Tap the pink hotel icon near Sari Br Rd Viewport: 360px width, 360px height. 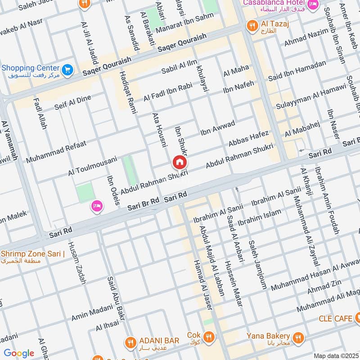tap(96, 206)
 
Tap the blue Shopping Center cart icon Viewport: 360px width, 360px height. tap(67, 70)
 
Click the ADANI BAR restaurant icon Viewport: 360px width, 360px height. tap(130, 340)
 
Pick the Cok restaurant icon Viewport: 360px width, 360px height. tap(208, 336)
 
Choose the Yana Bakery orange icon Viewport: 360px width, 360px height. tap(297, 337)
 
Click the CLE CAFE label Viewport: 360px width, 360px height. tap(335, 319)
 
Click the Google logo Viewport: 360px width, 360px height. tap(19, 353)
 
